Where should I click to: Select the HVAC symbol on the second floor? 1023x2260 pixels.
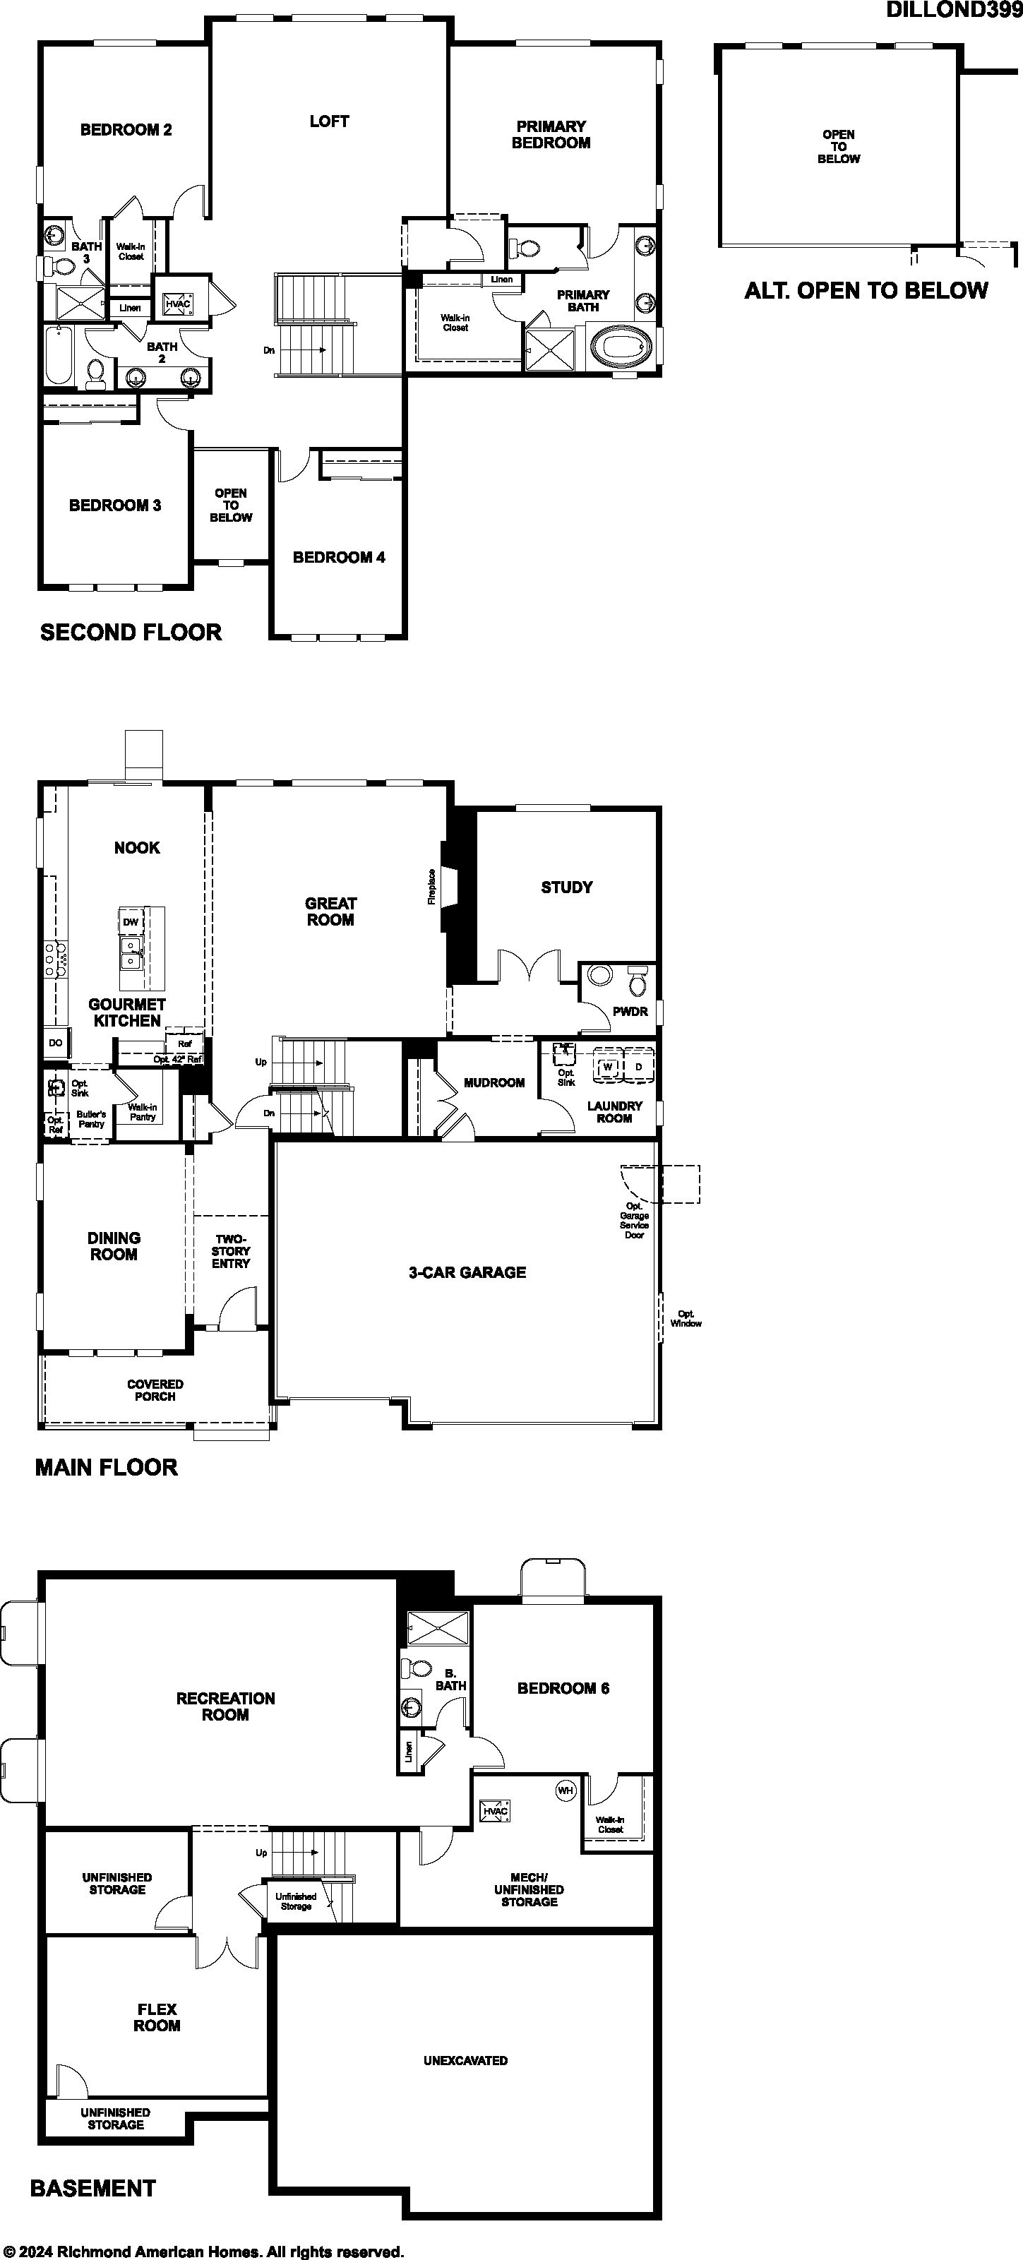(x=178, y=304)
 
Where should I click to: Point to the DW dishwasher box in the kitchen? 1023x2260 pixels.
(x=130, y=922)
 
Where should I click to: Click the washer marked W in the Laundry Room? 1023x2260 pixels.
(x=607, y=1067)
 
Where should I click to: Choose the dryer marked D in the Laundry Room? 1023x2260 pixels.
(x=639, y=1067)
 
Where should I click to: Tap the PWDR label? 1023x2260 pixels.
(x=630, y=1012)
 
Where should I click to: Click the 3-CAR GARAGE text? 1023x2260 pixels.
(x=467, y=1272)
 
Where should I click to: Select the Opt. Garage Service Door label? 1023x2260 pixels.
(x=634, y=1220)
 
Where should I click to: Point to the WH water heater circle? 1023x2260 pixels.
(x=565, y=1789)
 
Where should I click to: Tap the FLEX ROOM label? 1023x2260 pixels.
(x=157, y=2017)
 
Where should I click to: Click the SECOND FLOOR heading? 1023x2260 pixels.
(x=131, y=632)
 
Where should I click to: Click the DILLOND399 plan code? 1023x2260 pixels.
(x=954, y=10)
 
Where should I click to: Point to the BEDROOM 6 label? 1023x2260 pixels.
(x=563, y=1688)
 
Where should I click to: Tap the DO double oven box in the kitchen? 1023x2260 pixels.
(x=55, y=1043)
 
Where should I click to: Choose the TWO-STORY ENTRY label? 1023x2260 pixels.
(x=231, y=1251)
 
